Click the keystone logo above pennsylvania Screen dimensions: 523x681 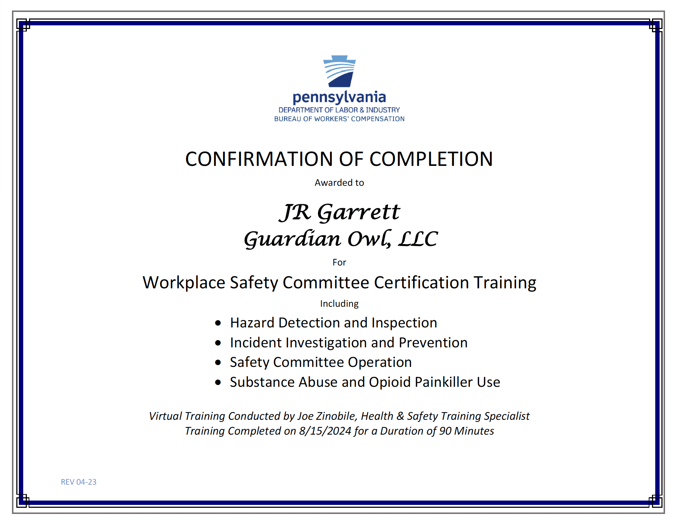click(339, 71)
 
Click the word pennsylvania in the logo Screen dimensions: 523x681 click(339, 97)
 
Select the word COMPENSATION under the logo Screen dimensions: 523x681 click(377, 119)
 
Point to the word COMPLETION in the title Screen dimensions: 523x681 click(431, 159)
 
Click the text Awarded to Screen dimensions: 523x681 click(339, 183)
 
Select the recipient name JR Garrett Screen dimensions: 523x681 click(340, 212)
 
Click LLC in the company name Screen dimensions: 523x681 click(418, 239)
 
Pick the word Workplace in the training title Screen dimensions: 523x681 click(183, 283)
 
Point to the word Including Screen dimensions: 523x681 click(339, 304)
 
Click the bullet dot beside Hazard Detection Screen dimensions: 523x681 click(218, 323)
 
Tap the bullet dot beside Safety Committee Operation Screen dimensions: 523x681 click(218, 363)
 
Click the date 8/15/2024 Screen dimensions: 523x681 click(325, 431)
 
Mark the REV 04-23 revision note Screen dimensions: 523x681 click(79, 482)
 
